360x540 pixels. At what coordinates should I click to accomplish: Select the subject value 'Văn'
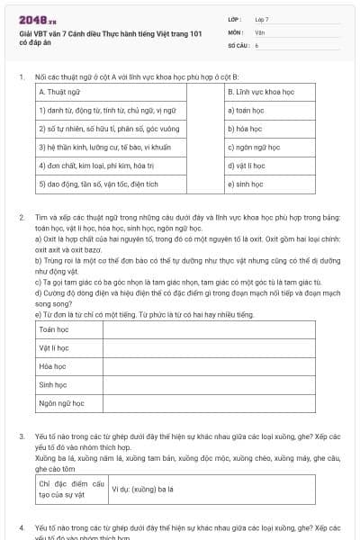click(260, 31)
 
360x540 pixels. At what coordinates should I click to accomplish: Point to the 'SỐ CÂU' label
click(238, 44)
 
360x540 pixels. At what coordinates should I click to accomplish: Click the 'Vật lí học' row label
click(56, 348)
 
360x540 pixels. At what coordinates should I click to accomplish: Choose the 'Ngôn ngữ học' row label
click(61, 404)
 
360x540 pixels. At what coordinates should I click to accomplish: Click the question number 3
click(21, 436)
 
